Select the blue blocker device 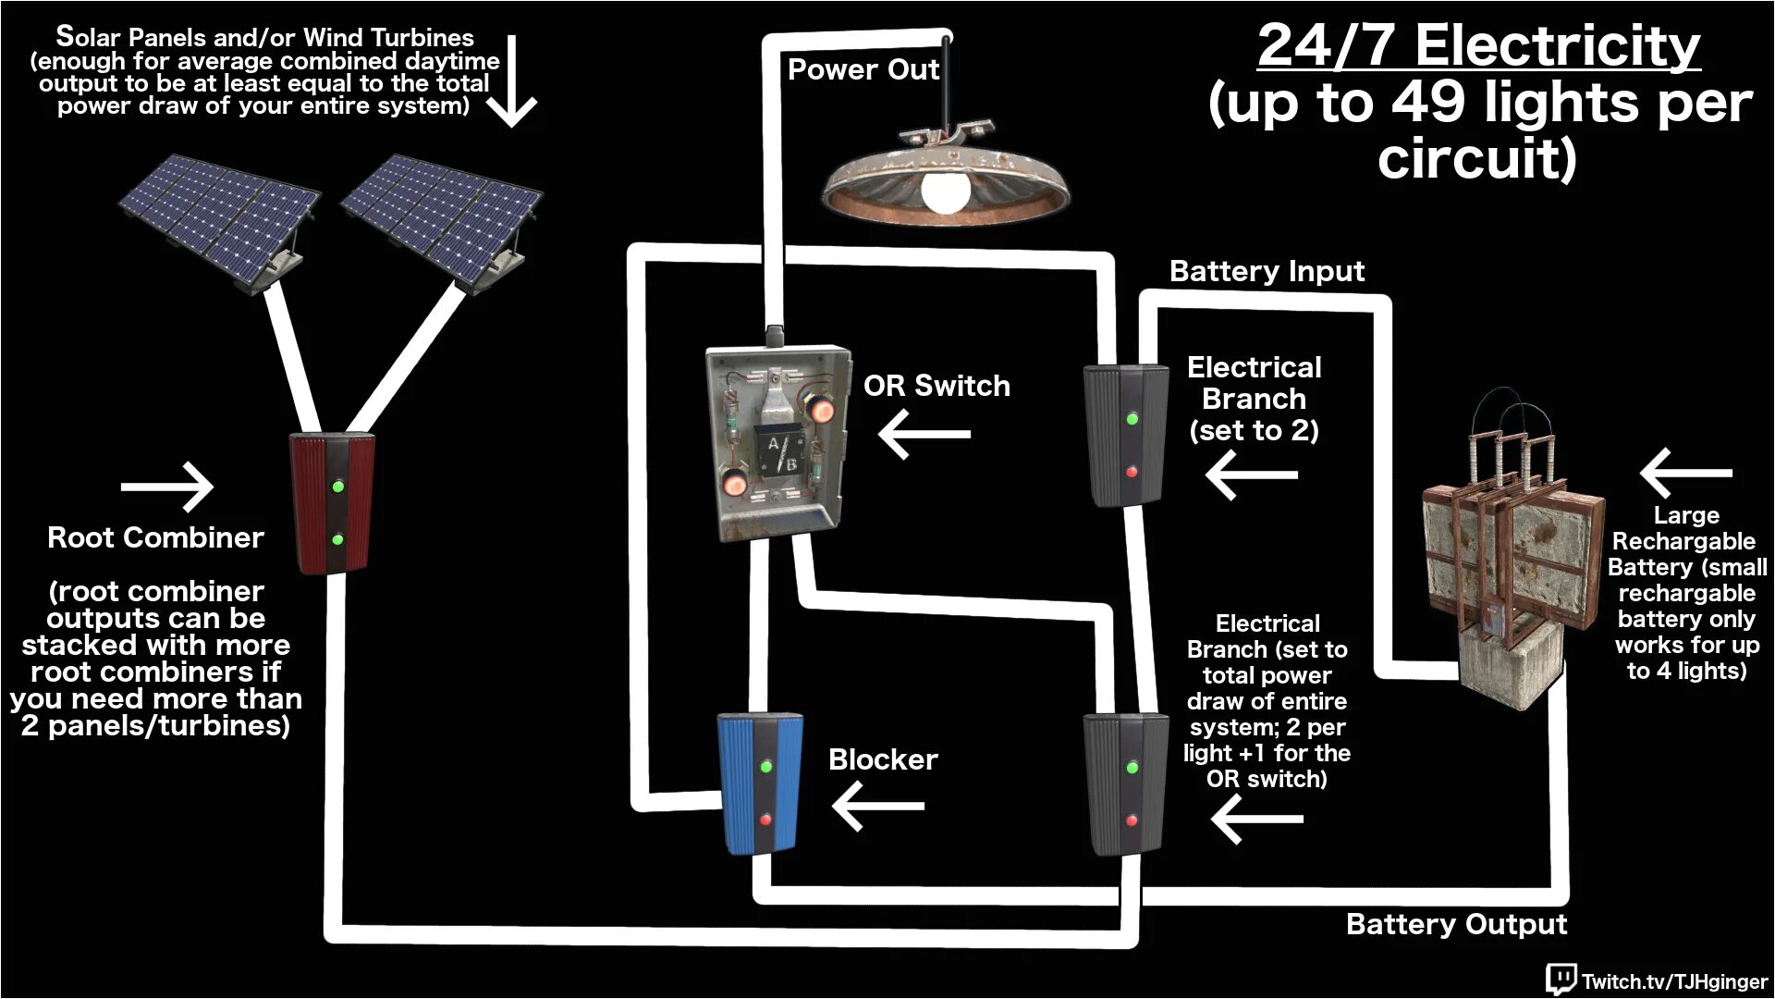pyautogui.click(x=760, y=783)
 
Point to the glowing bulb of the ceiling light pyautogui.click(x=946, y=190)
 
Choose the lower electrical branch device pyautogui.click(x=1125, y=783)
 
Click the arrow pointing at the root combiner pyautogui.click(x=168, y=487)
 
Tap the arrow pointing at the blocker pyautogui.click(x=878, y=806)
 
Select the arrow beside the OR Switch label pyautogui.click(x=924, y=434)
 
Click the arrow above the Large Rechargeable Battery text pyautogui.click(x=1685, y=473)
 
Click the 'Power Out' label pyautogui.click(x=863, y=69)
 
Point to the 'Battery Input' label pyautogui.click(x=1267, y=271)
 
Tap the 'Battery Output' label pyautogui.click(x=1456, y=924)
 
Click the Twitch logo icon pyautogui.click(x=1561, y=979)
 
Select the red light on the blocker pyautogui.click(x=765, y=820)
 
